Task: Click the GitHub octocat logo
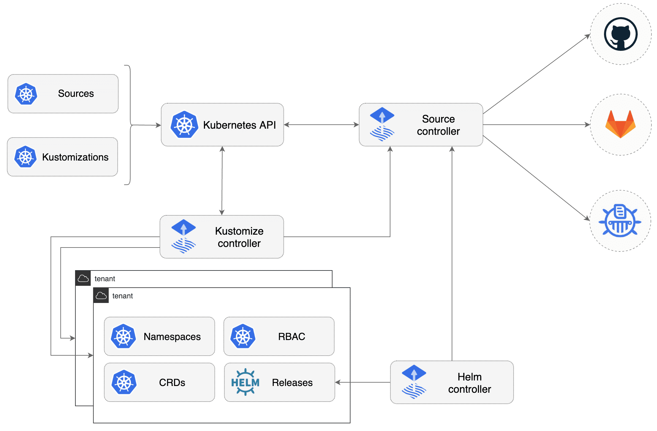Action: tap(621, 34)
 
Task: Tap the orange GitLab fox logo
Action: tap(621, 124)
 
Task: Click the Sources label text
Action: tap(76, 93)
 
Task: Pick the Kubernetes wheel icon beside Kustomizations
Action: tap(25, 157)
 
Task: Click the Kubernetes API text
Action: tap(239, 125)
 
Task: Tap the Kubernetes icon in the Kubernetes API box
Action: tap(184, 125)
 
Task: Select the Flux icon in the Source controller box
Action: tap(382, 124)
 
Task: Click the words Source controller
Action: tap(438, 125)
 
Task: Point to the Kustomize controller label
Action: tap(239, 237)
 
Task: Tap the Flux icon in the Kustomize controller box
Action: tap(183, 236)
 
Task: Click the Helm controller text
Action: tap(469, 383)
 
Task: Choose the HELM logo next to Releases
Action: tap(245, 382)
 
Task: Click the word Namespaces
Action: tap(172, 337)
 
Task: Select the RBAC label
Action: tap(291, 337)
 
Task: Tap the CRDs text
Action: tap(172, 383)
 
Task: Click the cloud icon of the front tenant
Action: tap(101, 296)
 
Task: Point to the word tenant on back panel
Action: tap(105, 279)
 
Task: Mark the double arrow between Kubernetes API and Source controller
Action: tap(321, 125)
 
